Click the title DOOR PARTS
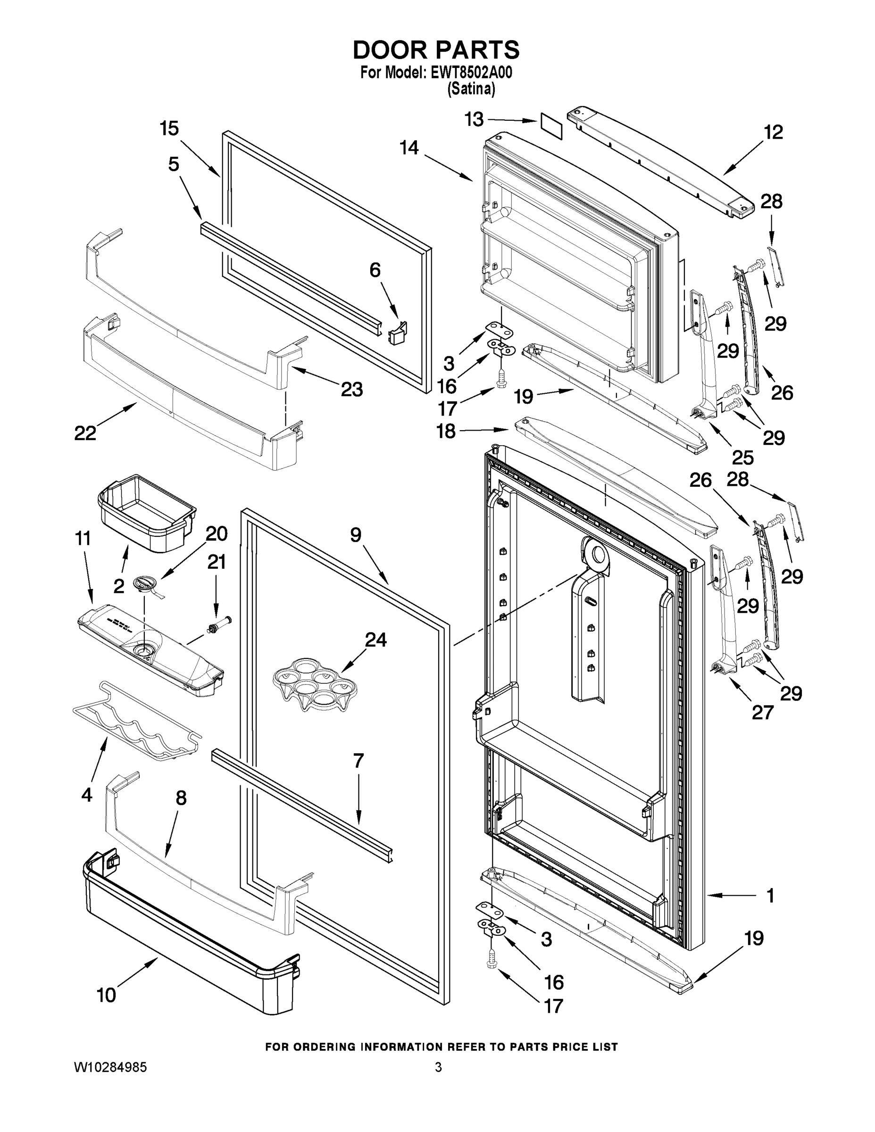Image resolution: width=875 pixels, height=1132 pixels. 436,50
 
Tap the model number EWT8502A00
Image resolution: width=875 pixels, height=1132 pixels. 471,73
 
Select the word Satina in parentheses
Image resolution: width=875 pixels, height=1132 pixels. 471,89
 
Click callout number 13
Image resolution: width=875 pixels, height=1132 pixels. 473,120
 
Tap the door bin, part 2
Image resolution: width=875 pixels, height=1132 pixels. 147,512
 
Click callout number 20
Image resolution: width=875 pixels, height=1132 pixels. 217,533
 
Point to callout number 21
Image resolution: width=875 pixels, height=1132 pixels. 217,562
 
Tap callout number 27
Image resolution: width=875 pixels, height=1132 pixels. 763,713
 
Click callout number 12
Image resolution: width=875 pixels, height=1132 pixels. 773,132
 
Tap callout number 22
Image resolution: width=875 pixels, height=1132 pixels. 85,433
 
